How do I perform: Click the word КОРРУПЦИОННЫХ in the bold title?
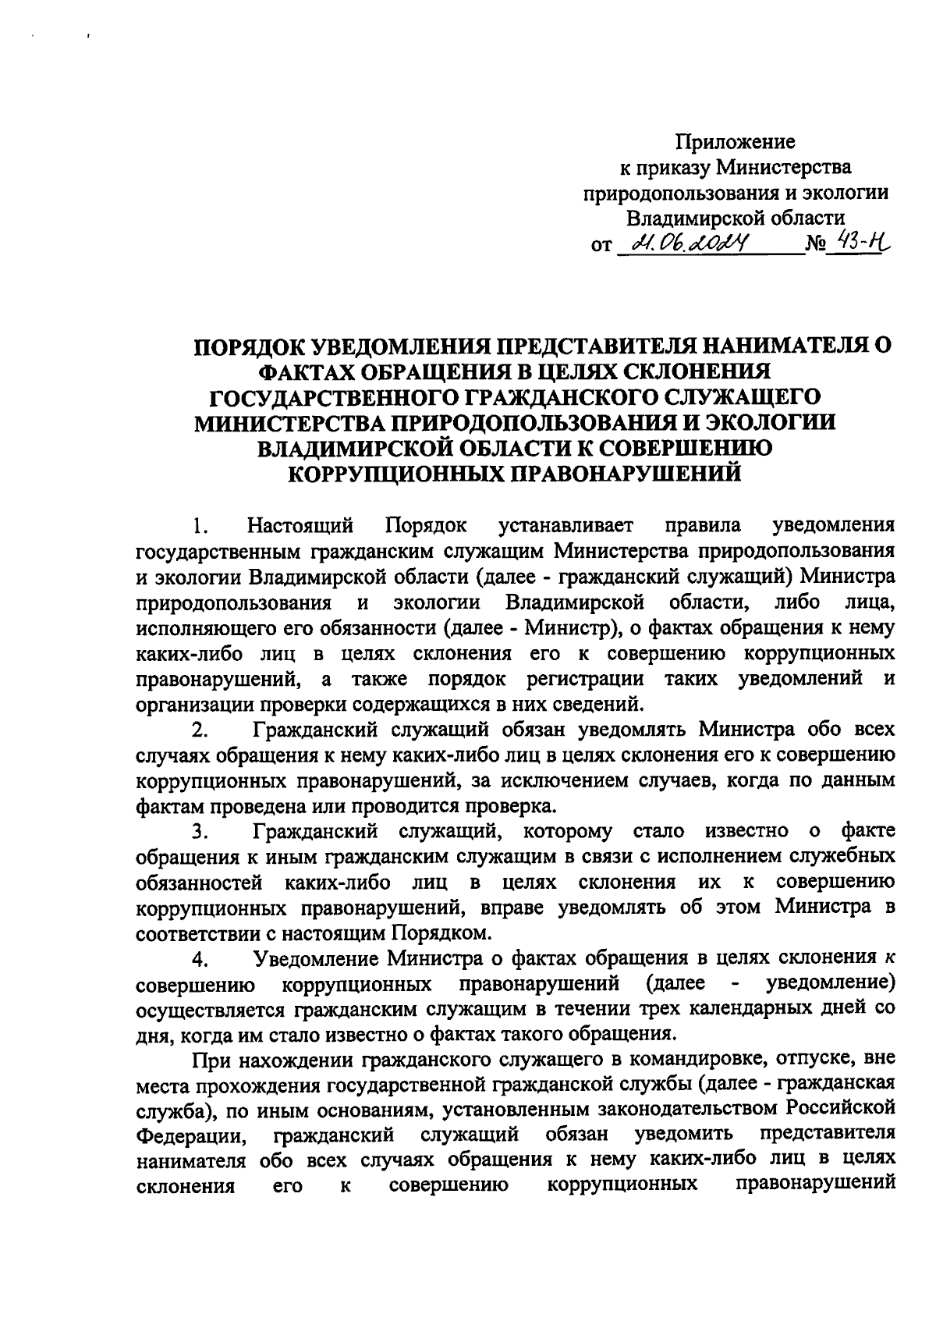396,473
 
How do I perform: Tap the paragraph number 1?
200,524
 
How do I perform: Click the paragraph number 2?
200,731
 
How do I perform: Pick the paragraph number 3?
200,833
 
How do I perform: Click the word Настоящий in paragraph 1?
300,524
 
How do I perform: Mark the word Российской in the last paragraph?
839,1108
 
